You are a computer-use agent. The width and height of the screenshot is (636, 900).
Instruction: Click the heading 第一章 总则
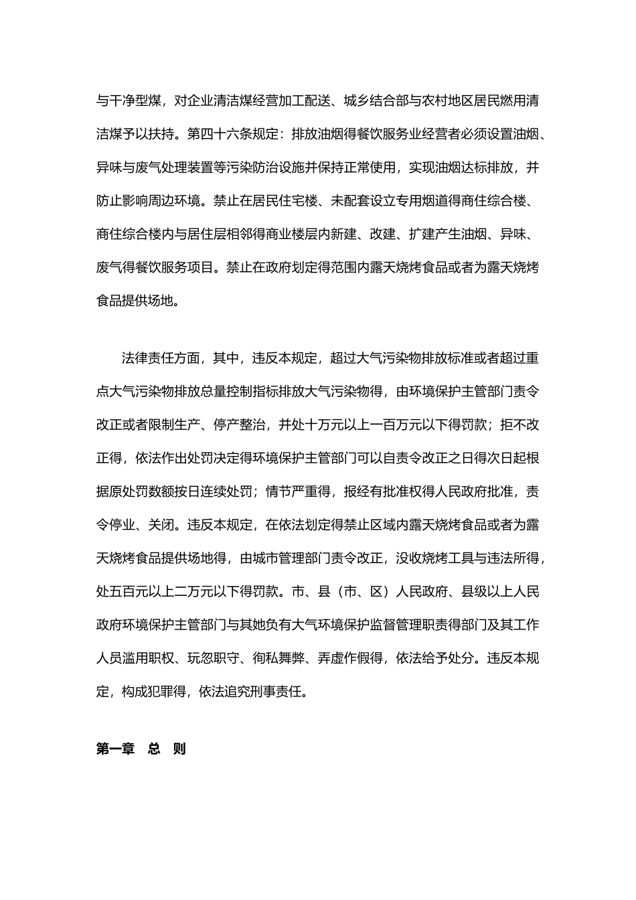141,749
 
